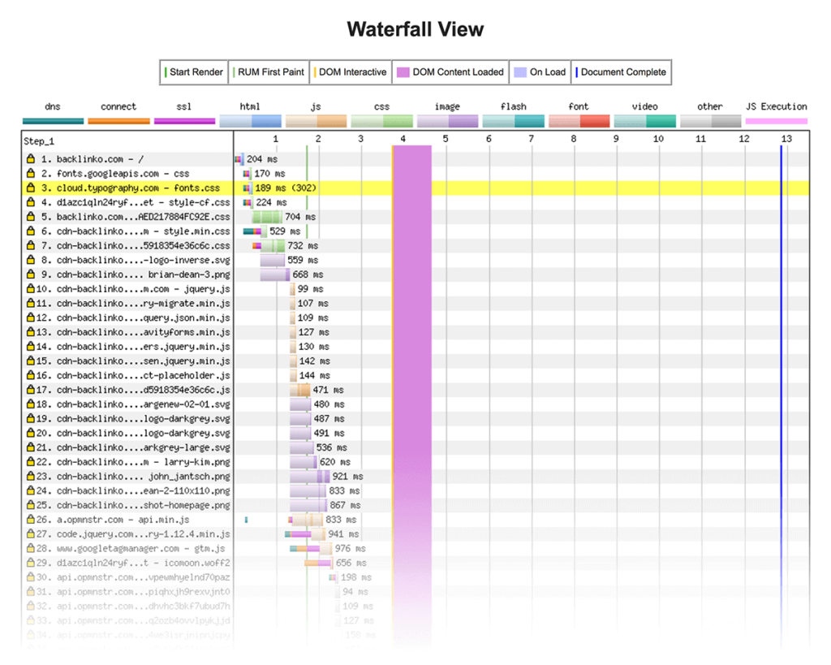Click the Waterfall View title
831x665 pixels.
click(415, 30)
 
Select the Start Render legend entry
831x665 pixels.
click(195, 72)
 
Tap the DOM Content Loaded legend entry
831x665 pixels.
click(450, 72)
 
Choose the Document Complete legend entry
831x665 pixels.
click(622, 72)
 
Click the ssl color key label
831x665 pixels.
click(183, 106)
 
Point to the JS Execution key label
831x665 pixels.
click(776, 106)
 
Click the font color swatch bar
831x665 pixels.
click(579, 121)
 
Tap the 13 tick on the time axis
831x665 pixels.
click(786, 139)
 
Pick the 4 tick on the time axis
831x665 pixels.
click(403, 139)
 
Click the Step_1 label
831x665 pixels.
click(39, 141)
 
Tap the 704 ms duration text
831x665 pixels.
click(300, 217)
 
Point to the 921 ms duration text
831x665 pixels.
click(347, 477)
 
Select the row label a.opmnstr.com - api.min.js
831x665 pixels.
click(122, 520)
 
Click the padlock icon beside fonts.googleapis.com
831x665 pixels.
click(31, 174)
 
